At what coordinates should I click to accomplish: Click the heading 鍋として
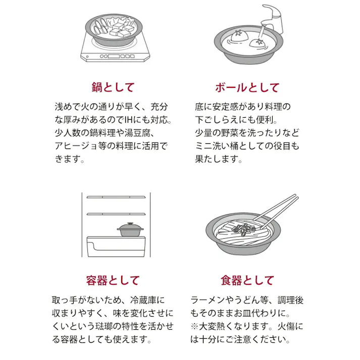(x=113, y=87)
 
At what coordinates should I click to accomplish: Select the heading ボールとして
(x=246, y=87)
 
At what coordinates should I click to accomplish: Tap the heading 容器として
(x=113, y=280)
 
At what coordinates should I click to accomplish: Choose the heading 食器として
(x=247, y=280)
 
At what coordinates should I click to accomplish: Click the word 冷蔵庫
(x=146, y=300)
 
